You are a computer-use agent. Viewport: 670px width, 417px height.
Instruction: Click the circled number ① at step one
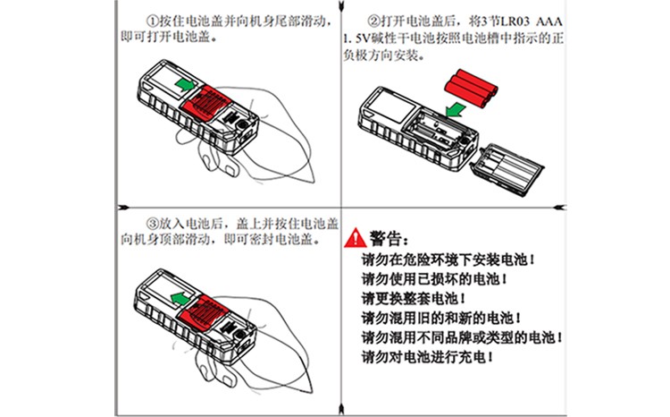click(153, 20)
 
